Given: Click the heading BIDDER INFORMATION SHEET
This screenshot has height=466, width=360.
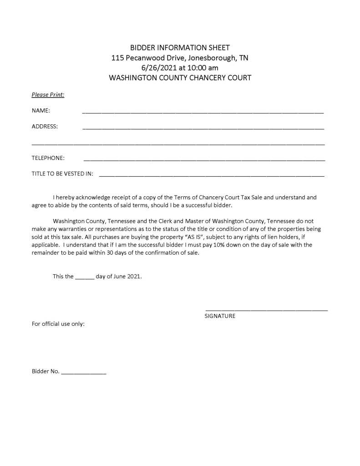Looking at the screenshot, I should click(x=180, y=47).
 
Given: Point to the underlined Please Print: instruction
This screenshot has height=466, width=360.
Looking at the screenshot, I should click(x=48, y=95).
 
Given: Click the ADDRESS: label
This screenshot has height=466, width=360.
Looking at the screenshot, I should click(x=45, y=127).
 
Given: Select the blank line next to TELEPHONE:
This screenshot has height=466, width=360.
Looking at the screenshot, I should click(x=204, y=160).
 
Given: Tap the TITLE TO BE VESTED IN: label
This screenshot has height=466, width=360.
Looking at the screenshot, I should click(x=62, y=174).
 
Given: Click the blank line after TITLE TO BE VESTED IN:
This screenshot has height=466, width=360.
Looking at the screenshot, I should click(x=211, y=175).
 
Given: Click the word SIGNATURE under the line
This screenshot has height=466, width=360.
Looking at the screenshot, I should click(x=220, y=316).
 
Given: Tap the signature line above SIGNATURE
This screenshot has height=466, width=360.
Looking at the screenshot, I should click(x=266, y=310).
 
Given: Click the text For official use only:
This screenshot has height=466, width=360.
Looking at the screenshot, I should click(x=58, y=324).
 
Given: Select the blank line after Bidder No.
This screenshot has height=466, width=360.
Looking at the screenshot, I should click(x=83, y=373).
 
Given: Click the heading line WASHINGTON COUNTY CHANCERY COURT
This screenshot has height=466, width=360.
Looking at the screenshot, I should click(x=180, y=78).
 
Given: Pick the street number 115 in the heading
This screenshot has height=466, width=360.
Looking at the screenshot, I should click(x=117, y=58).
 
